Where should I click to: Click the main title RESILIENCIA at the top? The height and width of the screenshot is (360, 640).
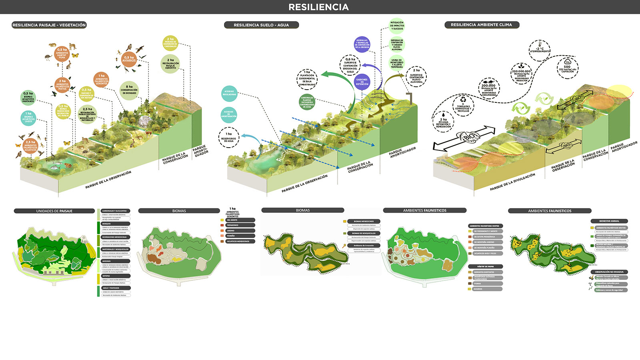coord(318,7)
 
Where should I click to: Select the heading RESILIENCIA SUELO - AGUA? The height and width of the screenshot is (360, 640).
coord(261,25)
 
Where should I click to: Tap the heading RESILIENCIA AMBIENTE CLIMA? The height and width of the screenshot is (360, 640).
coord(481,25)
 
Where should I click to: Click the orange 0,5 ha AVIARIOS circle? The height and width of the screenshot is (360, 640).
coord(129,59)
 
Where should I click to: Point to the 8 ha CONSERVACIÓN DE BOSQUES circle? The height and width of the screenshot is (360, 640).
coord(129,90)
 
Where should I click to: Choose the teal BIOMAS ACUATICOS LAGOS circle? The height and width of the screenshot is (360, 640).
coord(28,118)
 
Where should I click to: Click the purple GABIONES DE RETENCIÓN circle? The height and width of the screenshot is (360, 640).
coord(362,82)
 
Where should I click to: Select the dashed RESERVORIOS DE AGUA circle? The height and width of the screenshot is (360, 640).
coord(229,137)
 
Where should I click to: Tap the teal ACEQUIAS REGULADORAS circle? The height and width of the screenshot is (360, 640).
coord(229,93)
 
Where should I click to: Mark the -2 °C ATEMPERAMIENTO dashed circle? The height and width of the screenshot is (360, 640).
coord(540,50)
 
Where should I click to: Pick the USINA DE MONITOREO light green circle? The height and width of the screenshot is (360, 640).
coord(397,63)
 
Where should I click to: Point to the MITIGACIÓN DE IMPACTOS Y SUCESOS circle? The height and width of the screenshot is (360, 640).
coord(397,26)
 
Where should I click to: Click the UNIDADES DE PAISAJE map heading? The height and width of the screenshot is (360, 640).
coord(54,211)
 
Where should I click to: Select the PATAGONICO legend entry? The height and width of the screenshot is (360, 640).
coord(240,225)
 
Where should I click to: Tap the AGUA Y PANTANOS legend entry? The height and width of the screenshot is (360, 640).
coord(116,288)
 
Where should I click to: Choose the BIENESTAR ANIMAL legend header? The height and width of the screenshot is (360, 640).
coord(609,221)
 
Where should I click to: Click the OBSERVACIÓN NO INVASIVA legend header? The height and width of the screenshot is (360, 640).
coord(609,272)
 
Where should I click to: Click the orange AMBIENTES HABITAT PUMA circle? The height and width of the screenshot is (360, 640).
coord(62,54)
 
